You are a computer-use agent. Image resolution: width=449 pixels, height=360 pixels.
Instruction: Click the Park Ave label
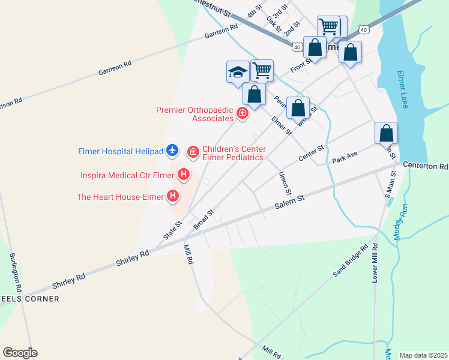click(345, 158)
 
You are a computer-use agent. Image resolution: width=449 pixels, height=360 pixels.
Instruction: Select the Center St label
click(312, 153)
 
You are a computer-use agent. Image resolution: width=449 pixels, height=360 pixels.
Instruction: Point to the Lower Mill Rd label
click(375, 263)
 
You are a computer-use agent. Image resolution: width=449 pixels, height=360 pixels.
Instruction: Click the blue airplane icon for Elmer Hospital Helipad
click(172, 150)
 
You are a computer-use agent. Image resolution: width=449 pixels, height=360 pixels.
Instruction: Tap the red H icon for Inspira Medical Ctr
click(184, 175)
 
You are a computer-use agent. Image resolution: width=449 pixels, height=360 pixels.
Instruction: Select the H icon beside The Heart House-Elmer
click(173, 196)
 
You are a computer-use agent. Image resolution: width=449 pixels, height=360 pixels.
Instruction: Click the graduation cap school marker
click(237, 72)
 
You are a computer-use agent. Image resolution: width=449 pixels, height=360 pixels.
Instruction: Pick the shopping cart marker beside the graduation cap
click(262, 70)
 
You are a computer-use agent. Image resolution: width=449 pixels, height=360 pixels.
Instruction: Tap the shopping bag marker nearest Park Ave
click(387, 133)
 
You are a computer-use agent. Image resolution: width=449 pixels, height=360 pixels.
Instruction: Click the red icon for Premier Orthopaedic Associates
click(243, 112)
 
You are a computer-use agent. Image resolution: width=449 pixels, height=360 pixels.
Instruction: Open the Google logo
click(20, 353)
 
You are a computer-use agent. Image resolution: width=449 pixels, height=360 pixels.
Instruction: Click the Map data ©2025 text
click(423, 355)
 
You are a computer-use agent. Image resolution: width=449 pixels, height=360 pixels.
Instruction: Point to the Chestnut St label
click(214, 2)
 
